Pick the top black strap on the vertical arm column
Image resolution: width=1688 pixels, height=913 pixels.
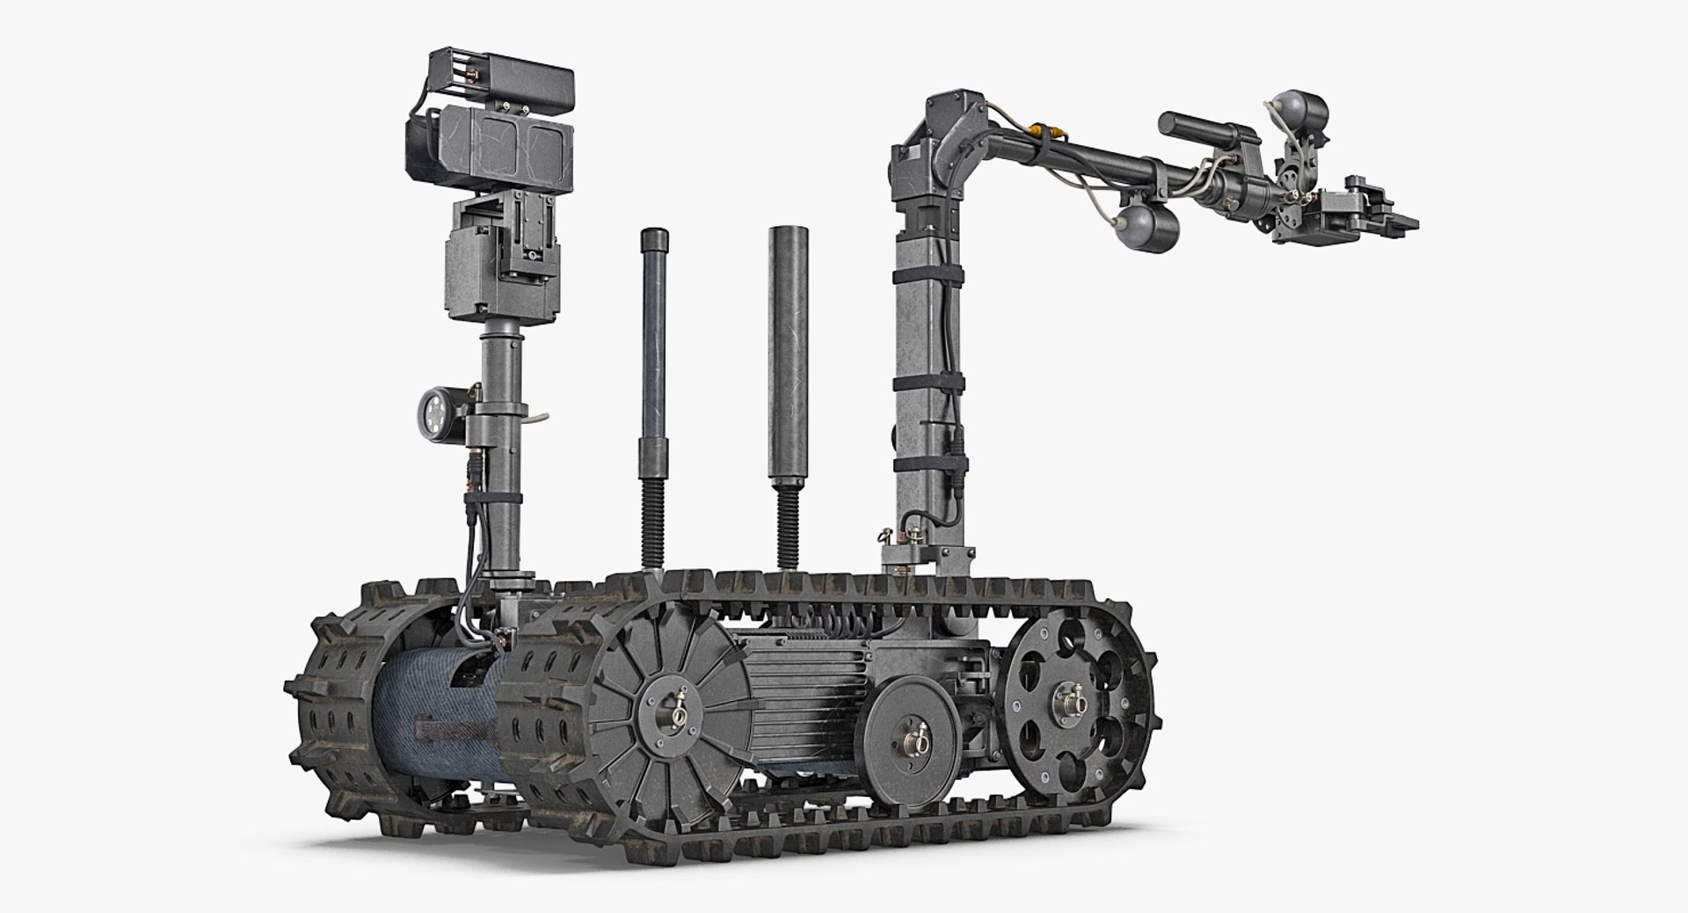[x=928, y=275]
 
